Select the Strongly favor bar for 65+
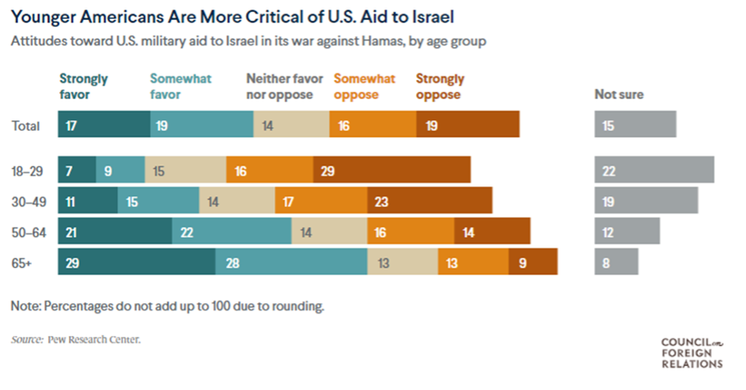point(137,262)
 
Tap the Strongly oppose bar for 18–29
point(392,170)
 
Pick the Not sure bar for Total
point(635,125)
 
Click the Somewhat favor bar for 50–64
point(231,232)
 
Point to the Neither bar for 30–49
point(237,201)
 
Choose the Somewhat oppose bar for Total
point(373,125)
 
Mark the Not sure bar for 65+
point(616,262)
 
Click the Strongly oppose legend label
point(439,86)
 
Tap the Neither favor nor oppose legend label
point(280,86)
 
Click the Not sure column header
point(619,94)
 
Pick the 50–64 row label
point(27,232)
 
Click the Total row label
point(25,125)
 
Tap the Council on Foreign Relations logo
point(692,352)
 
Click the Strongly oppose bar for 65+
point(533,262)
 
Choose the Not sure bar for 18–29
point(654,170)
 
